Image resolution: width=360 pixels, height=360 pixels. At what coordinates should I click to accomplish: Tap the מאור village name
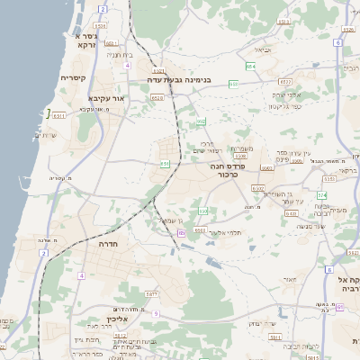(x=289, y=279)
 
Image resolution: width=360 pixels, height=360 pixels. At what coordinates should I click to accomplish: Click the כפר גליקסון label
(x=284, y=106)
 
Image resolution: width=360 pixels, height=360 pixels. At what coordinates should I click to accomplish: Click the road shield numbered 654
(x=250, y=67)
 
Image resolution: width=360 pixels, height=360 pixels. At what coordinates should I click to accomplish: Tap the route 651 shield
(x=165, y=164)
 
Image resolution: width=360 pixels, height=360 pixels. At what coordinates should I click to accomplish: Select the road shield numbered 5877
(x=151, y=294)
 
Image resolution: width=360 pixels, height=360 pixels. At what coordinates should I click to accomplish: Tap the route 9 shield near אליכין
(x=155, y=313)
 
